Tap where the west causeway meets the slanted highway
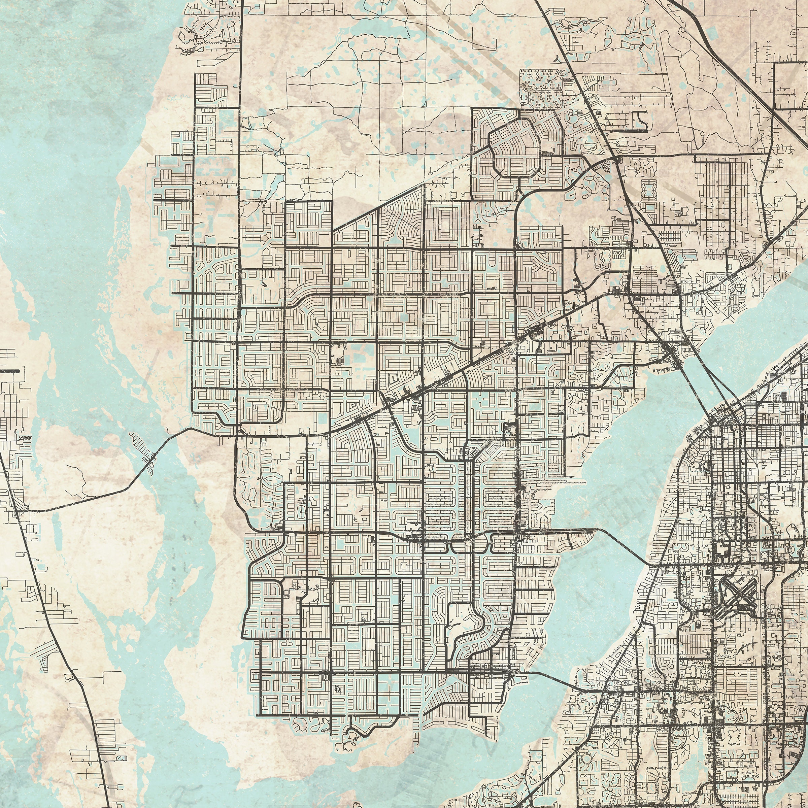click(x=23, y=511)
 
